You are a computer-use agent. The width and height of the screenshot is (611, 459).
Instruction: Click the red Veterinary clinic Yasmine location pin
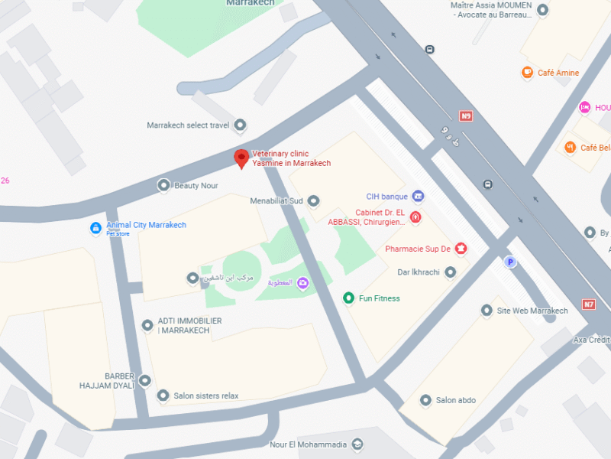[x=241, y=158]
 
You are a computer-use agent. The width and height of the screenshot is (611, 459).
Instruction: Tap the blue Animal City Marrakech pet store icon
[x=95, y=228]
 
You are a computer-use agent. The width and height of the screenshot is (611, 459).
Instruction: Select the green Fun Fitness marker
[x=348, y=298]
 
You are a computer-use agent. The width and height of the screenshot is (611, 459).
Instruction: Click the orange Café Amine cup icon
[x=527, y=73]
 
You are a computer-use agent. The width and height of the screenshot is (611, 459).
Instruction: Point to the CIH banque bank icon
[x=418, y=196]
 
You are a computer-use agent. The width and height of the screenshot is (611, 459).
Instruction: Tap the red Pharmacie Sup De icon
[x=461, y=248]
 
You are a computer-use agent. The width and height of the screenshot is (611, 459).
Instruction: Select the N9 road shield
[x=466, y=116]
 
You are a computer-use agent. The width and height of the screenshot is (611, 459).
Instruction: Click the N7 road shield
[x=588, y=304]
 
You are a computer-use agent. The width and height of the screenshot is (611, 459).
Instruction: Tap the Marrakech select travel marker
[x=240, y=125]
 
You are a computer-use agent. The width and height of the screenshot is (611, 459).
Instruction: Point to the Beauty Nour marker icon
[x=163, y=185]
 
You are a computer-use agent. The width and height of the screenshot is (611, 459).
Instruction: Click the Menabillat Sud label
[x=276, y=201]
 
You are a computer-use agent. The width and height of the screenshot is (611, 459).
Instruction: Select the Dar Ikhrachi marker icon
[x=451, y=272]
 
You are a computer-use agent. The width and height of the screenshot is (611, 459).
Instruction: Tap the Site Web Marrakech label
[x=532, y=311]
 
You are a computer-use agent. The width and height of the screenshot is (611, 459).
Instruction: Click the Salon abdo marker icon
[x=425, y=400]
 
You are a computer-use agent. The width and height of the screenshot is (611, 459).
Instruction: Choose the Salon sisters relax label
[x=206, y=396]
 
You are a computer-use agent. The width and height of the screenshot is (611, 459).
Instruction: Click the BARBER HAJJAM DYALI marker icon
[x=144, y=380]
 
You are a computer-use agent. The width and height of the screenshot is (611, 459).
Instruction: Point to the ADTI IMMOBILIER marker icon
[x=147, y=325]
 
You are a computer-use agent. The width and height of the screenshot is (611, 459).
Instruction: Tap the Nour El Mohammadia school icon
[x=357, y=444]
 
